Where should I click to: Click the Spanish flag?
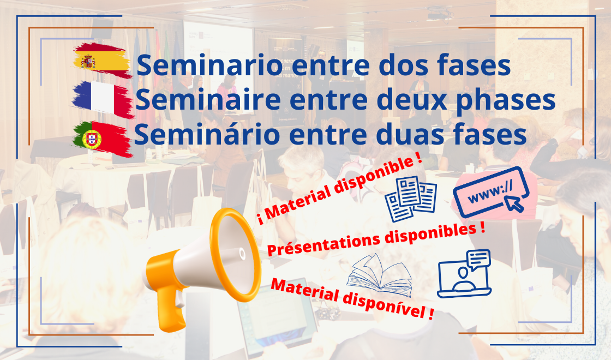[102, 61]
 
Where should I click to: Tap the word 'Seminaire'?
[208, 99]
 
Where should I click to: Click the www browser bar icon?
[491, 192]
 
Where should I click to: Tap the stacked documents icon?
[411, 199]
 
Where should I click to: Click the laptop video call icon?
[464, 273]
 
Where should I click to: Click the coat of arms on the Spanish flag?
[88, 61]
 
